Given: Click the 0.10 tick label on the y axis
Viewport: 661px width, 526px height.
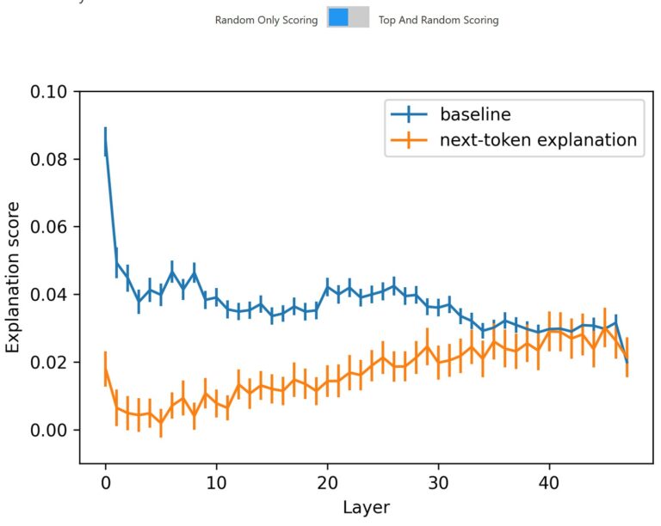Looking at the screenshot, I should click(x=52, y=92).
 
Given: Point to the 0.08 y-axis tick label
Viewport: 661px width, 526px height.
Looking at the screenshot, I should click(x=52, y=160).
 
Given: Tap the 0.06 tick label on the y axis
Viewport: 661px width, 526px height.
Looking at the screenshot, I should click(x=52, y=227).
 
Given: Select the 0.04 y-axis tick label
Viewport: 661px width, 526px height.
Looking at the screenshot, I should click(x=52, y=295).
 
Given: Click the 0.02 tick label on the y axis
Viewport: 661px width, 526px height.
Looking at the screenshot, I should click(x=52, y=363).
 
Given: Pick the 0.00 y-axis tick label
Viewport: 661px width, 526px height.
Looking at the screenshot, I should click(x=52, y=430).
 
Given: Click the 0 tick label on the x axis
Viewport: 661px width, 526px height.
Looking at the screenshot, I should click(x=105, y=483).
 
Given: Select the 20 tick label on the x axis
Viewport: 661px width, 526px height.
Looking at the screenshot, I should click(x=327, y=483).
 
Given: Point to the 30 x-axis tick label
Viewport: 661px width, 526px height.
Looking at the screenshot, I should click(x=438, y=483).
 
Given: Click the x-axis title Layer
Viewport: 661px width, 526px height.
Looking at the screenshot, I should click(x=366, y=508).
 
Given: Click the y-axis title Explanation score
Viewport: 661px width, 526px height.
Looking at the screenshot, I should click(x=15, y=277).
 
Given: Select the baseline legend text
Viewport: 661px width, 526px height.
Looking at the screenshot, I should click(x=475, y=114).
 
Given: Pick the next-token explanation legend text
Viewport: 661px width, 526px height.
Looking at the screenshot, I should click(x=539, y=139).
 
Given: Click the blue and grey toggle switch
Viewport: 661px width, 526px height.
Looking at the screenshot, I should click(x=348, y=18).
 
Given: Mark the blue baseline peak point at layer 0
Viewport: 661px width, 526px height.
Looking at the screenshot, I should click(x=105, y=142).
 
